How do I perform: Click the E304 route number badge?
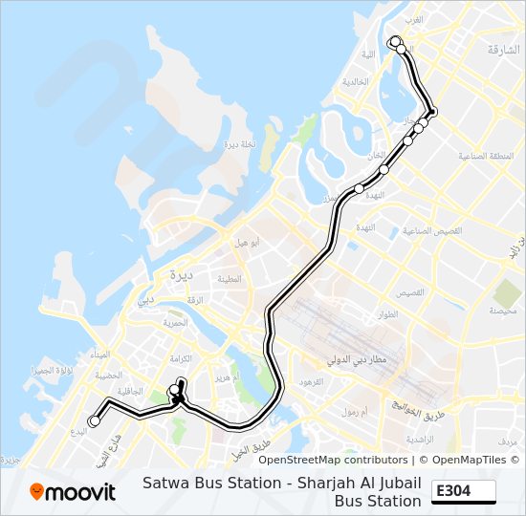tap(465, 491)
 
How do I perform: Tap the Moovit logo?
tap(73, 492)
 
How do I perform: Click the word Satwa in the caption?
tap(164, 484)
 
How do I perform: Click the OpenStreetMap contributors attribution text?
tap(333, 460)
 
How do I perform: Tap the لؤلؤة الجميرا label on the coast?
tap(50, 369)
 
